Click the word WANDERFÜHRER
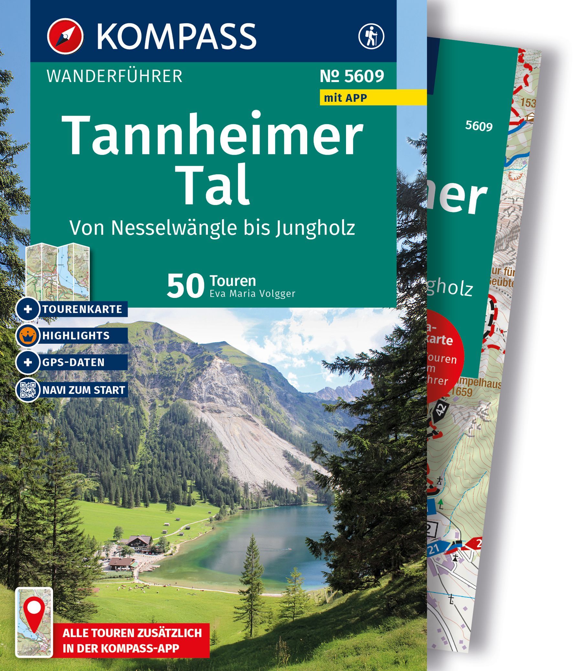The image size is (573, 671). (114, 77)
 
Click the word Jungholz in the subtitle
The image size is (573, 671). (315, 228)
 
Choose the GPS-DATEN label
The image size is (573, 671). (73, 362)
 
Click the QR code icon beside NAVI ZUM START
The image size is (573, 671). (28, 390)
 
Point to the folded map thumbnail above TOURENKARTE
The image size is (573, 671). (58, 270)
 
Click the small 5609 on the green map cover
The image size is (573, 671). (479, 126)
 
